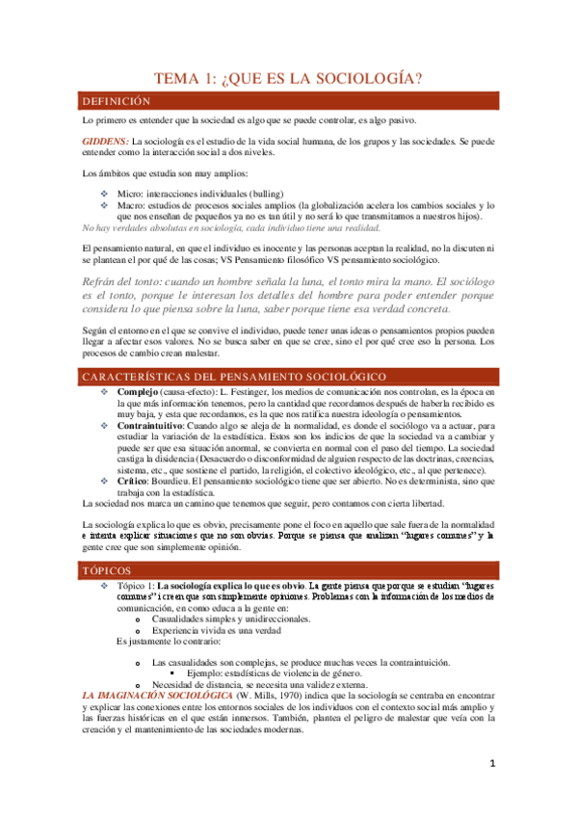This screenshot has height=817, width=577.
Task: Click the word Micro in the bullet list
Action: click(129, 194)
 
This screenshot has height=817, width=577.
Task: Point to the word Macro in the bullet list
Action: click(131, 206)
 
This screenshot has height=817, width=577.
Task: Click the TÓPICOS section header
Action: click(108, 572)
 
